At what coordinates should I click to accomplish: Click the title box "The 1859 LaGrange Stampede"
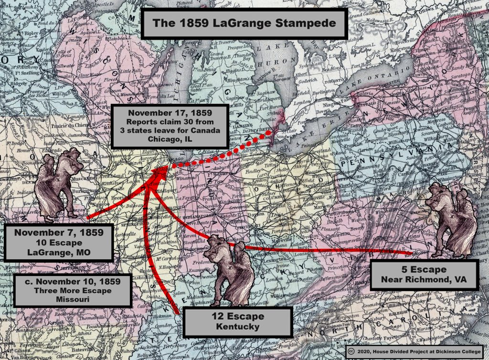coord(244,23)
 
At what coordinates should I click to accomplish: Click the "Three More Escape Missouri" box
coord(72,290)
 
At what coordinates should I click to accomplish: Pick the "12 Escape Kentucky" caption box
coord(237,321)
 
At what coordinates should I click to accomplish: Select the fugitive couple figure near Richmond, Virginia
coord(451,218)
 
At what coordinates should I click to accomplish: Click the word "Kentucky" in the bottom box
coord(237,327)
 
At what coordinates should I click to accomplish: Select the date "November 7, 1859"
coord(59,233)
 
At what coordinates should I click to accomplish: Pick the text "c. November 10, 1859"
coord(72,281)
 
